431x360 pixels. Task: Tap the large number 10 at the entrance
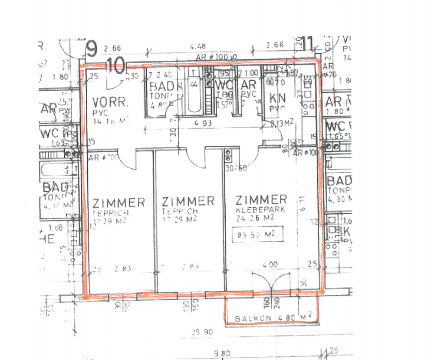point(116,66)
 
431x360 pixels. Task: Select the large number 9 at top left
point(91,47)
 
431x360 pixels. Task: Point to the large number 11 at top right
point(307,44)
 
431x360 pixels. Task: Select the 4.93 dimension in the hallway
point(203,123)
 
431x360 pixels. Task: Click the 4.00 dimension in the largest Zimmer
point(269,266)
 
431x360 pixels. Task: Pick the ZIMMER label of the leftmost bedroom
point(119,202)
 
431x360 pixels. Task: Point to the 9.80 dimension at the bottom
point(223,353)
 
